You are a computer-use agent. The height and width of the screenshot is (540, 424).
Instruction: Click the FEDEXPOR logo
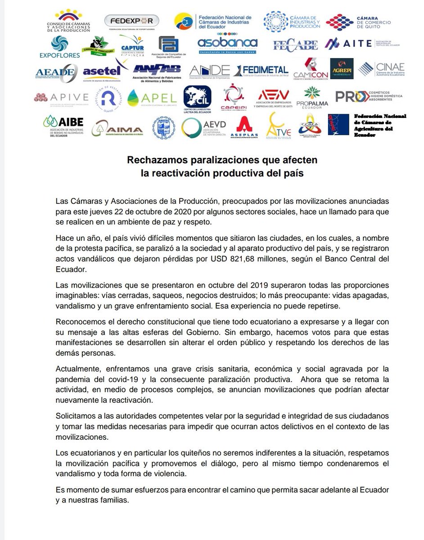(131, 21)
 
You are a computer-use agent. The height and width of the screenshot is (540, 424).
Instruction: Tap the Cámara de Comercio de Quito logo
(358, 21)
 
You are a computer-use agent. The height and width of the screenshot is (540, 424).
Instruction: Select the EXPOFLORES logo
(59, 47)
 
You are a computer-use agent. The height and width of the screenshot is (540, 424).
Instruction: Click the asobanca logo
(228, 45)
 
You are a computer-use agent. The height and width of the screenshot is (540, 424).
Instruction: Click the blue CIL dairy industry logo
(197, 97)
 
